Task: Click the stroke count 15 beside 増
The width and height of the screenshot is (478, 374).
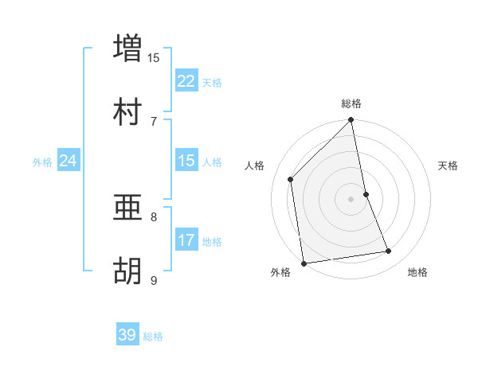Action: [154, 57]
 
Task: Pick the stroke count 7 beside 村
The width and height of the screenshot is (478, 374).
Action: [154, 121]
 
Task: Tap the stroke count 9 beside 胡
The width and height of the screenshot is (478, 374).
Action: [154, 280]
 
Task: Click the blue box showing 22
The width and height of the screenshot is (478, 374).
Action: [186, 81]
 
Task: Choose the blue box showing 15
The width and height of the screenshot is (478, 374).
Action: [186, 161]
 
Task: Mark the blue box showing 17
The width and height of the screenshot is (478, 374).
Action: [186, 240]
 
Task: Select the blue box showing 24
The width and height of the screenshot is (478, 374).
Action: [69, 161]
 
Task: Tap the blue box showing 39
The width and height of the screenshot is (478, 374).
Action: [127, 335]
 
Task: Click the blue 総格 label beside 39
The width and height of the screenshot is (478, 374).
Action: [153, 337]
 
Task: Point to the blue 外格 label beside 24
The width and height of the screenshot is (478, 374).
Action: [42, 162]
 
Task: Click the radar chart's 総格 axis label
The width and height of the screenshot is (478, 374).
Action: [351, 103]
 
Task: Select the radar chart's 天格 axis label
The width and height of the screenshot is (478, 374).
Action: [448, 166]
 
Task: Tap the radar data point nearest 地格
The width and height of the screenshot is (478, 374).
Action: [389, 251]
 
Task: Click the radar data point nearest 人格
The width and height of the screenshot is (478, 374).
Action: [291, 179]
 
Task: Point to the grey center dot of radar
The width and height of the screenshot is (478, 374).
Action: [351, 198]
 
